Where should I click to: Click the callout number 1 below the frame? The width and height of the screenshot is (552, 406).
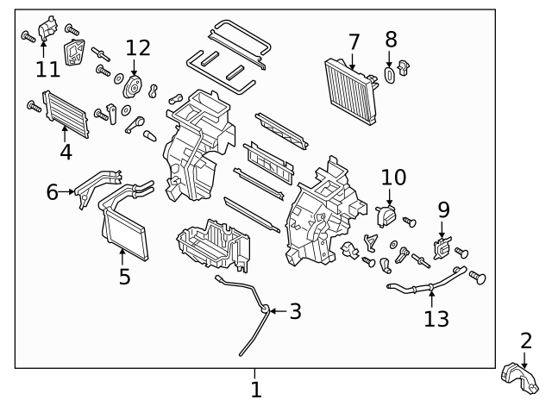tap(255, 390)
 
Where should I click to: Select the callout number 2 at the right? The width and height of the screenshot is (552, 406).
tap(526, 341)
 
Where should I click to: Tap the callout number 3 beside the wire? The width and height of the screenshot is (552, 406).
tap(295, 311)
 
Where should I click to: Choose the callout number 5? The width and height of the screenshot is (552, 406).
tap(124, 276)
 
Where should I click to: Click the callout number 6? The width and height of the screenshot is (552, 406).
tap(53, 192)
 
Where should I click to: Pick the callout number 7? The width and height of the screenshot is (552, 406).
tap(354, 41)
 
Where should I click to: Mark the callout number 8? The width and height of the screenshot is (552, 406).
tap(391, 40)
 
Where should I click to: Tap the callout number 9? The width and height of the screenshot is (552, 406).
tap(443, 209)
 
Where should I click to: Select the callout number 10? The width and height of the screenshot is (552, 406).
tap(392, 178)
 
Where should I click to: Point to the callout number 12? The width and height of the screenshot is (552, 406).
tap(137, 47)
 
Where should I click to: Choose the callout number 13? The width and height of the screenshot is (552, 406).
tap(436, 318)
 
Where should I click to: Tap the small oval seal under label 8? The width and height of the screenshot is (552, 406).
tap(389, 76)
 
